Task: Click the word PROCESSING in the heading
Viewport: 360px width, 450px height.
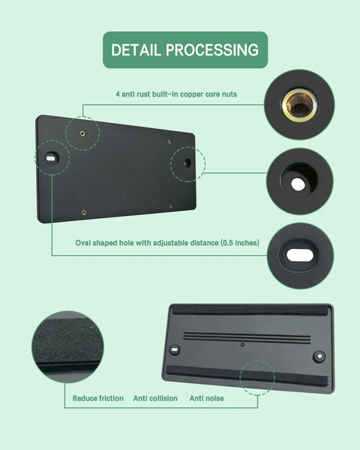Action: click(x=212, y=50)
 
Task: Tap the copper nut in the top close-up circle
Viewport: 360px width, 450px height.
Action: click(x=299, y=105)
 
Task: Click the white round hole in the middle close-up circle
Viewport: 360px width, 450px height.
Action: click(x=298, y=184)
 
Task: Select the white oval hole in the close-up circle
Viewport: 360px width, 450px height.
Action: click(x=300, y=255)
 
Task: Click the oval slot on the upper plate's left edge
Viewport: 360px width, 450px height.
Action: click(x=52, y=158)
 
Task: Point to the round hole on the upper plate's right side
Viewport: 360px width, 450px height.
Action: click(x=187, y=163)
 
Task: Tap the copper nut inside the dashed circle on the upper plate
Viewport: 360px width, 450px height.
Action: click(x=82, y=133)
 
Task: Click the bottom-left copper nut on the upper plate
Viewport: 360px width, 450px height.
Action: click(x=84, y=212)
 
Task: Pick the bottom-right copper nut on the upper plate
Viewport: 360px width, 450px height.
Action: click(x=171, y=206)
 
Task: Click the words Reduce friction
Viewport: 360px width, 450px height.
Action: click(x=98, y=398)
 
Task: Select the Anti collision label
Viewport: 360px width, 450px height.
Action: click(x=155, y=398)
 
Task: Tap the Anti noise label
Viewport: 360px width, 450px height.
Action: click(x=207, y=398)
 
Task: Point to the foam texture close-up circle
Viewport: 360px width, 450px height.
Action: click(x=67, y=346)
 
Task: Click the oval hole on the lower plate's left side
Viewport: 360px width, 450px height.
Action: click(x=175, y=349)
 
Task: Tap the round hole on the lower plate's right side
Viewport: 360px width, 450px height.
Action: click(x=319, y=356)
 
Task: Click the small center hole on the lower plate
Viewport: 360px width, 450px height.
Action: click(x=242, y=344)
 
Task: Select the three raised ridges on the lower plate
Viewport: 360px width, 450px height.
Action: click(x=247, y=337)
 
